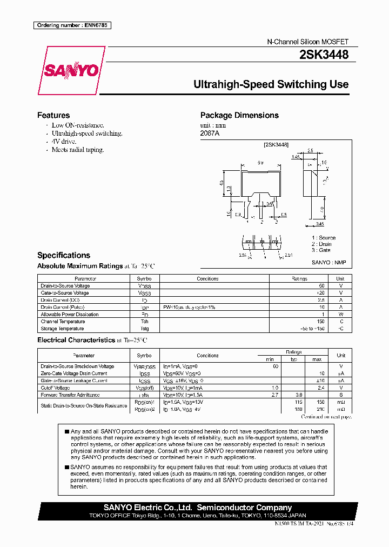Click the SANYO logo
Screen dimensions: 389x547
[x=71, y=70]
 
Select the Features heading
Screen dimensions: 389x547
[x=53, y=115]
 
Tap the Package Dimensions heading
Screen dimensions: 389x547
[x=239, y=115]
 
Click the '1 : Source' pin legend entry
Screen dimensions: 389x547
[x=323, y=238]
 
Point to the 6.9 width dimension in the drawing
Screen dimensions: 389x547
[x=260, y=162]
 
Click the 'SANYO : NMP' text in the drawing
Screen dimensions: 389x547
[x=328, y=262]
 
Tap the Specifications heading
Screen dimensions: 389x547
[x=64, y=255]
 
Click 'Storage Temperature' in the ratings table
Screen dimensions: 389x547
[x=62, y=329]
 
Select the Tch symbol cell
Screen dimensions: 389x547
[x=144, y=322]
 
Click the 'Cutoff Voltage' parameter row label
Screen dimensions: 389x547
[x=55, y=388]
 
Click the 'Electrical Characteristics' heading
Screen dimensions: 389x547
[x=75, y=340]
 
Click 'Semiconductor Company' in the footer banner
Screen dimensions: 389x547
[x=245, y=508]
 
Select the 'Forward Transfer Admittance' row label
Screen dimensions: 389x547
[x=69, y=395]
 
